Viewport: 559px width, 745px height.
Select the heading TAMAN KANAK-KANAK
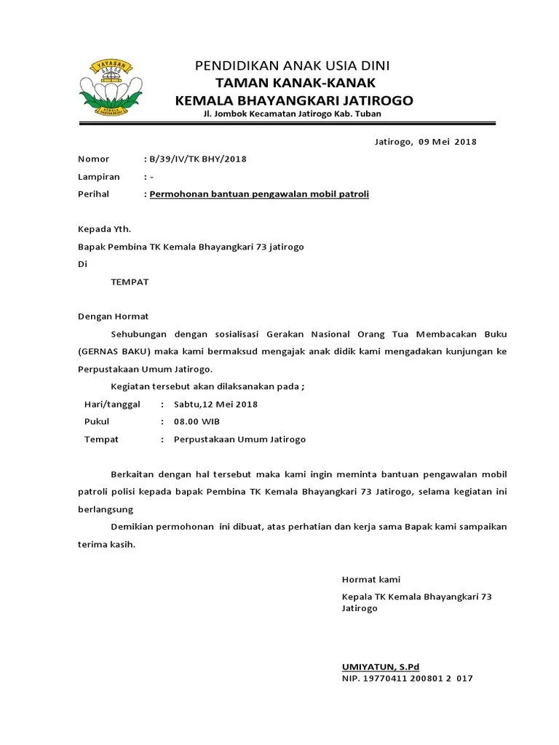coord(295,83)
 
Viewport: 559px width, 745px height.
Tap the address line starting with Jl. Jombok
coord(292,114)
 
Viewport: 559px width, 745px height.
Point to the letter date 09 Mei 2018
coord(447,142)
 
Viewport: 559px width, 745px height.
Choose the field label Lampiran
coord(98,177)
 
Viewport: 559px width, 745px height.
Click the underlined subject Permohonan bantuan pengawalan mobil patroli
coord(259,194)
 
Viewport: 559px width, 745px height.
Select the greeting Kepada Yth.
coord(104,229)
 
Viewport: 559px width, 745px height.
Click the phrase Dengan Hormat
coord(113,316)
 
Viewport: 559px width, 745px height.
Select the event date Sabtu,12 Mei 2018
coord(215,405)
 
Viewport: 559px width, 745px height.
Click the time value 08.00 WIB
coord(197,422)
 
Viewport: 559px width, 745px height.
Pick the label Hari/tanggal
coord(112,405)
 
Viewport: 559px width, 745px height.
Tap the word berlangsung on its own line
coord(106,510)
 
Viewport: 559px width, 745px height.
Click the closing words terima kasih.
coord(106,545)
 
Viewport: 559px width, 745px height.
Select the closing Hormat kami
coord(371,580)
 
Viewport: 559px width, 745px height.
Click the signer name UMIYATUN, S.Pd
coord(381,667)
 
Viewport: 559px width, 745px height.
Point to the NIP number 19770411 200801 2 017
coord(421,679)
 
